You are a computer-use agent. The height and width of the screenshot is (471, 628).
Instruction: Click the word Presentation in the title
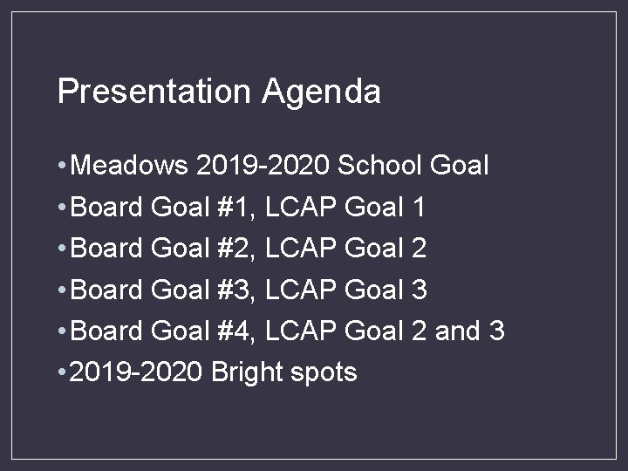pos(154,91)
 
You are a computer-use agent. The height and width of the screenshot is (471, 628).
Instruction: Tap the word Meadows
pos(130,164)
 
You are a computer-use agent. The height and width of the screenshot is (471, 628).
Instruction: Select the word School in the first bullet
pos(379,164)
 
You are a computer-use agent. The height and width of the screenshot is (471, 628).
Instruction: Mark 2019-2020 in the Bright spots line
pos(136,372)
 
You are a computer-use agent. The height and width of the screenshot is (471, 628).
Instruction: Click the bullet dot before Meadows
pos(60,165)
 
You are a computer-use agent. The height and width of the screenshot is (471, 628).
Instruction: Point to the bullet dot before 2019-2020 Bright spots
pos(60,373)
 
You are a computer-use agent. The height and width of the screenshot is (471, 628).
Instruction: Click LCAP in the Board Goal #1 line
pos(300,207)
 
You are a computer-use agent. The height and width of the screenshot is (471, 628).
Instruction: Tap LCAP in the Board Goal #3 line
pos(300,290)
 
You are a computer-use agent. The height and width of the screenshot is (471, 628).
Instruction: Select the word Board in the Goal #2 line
pos(106,248)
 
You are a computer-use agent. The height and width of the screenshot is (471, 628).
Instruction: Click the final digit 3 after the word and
pos(497,331)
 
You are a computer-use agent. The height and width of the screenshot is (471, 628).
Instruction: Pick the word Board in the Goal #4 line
pos(106,331)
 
